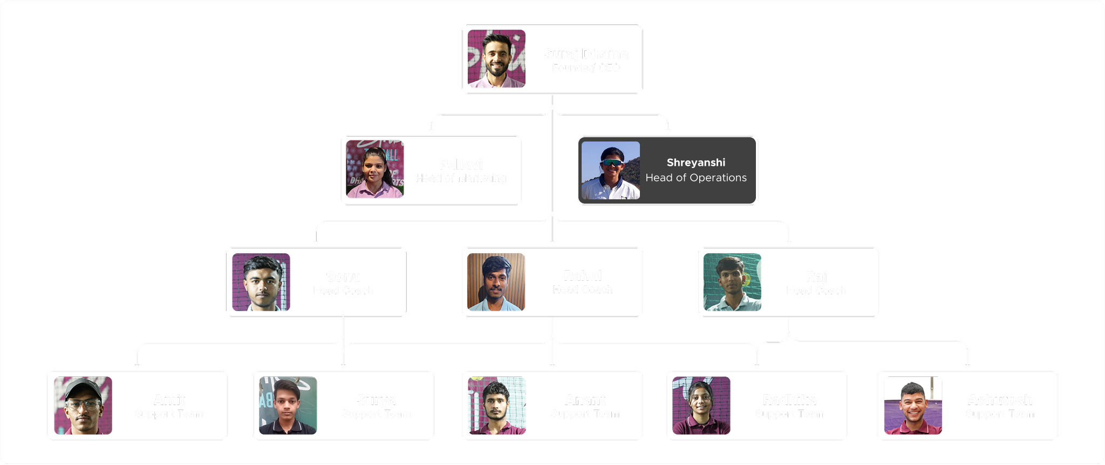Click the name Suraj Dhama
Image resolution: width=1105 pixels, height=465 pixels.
(x=585, y=54)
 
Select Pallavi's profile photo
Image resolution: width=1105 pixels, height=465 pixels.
(x=375, y=170)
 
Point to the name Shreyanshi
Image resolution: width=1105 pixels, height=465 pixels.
(x=695, y=163)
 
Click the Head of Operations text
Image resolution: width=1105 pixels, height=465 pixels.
(x=696, y=178)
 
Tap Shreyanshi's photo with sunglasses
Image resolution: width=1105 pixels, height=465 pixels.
(x=611, y=170)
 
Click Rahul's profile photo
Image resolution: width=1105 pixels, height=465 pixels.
(x=496, y=282)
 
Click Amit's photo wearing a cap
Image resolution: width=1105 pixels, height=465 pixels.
(x=83, y=406)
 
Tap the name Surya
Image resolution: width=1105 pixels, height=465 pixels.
(x=376, y=400)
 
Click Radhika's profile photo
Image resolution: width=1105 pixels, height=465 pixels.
(x=701, y=406)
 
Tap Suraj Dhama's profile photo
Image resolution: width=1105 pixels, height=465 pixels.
(x=496, y=59)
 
